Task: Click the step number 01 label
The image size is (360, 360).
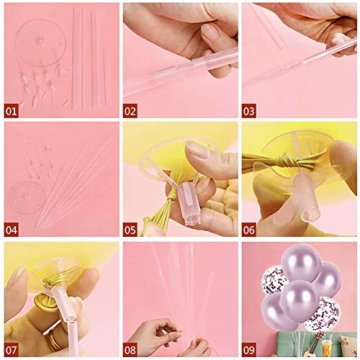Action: click(11, 111)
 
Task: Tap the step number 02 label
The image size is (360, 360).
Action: click(130, 111)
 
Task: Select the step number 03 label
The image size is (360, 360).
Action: click(249, 111)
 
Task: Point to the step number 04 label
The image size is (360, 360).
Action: click(12, 230)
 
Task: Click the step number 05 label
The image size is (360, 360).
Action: click(130, 230)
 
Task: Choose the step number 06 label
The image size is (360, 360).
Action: click(249, 230)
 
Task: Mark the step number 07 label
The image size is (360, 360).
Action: click(12, 350)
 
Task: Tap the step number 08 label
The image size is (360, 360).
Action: click(130, 350)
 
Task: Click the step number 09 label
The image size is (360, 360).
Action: click(249, 350)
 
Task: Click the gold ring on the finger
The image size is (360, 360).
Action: click(53, 338)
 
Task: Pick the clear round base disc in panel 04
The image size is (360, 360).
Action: click(26, 197)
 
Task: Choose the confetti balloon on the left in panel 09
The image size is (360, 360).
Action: click(273, 280)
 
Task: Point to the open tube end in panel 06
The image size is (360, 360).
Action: click(309, 215)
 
